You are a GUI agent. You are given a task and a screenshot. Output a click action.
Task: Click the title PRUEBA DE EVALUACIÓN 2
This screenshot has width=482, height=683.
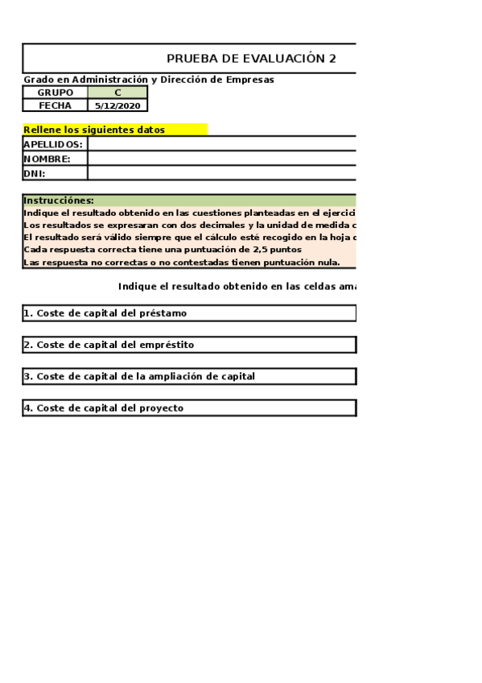tap(251, 59)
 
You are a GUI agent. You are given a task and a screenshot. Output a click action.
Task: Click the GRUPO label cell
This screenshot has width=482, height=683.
tap(55, 93)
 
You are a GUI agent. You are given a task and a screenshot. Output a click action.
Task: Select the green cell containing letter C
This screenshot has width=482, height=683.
tap(117, 93)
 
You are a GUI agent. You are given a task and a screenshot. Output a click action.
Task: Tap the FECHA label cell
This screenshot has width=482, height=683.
tap(55, 106)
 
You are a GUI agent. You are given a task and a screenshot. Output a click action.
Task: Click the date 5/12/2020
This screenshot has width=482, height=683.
tap(117, 106)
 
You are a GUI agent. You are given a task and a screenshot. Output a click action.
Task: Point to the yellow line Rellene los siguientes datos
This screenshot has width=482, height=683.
tap(94, 130)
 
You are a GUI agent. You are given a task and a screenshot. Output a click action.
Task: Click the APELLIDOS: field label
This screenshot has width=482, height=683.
tap(53, 144)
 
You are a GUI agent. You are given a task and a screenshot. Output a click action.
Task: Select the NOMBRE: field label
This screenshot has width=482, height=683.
tap(47, 159)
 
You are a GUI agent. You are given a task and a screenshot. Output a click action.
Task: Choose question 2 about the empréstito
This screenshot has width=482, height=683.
tap(109, 345)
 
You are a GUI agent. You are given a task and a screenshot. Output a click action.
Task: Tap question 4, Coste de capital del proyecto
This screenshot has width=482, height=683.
tap(104, 408)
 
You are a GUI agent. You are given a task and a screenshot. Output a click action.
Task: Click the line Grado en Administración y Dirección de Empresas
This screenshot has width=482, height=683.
tap(149, 80)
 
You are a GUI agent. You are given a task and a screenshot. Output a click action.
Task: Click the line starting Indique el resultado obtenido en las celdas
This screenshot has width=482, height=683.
tap(237, 286)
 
